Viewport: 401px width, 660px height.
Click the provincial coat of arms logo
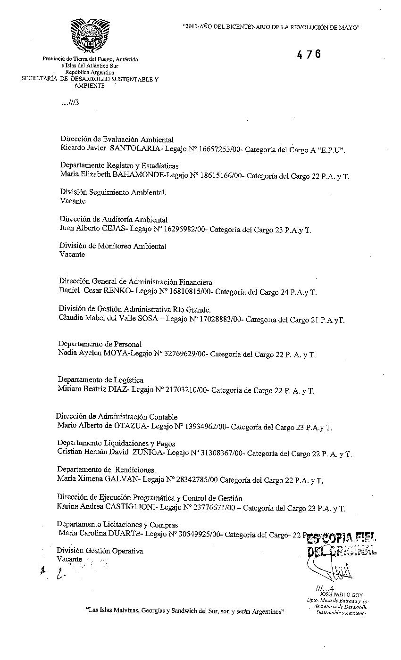[x=86, y=35]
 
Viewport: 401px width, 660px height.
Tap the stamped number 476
[x=309, y=55]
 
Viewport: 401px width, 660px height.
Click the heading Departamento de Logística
[x=100, y=380]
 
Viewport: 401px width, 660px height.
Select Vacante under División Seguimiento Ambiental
[x=73, y=201]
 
